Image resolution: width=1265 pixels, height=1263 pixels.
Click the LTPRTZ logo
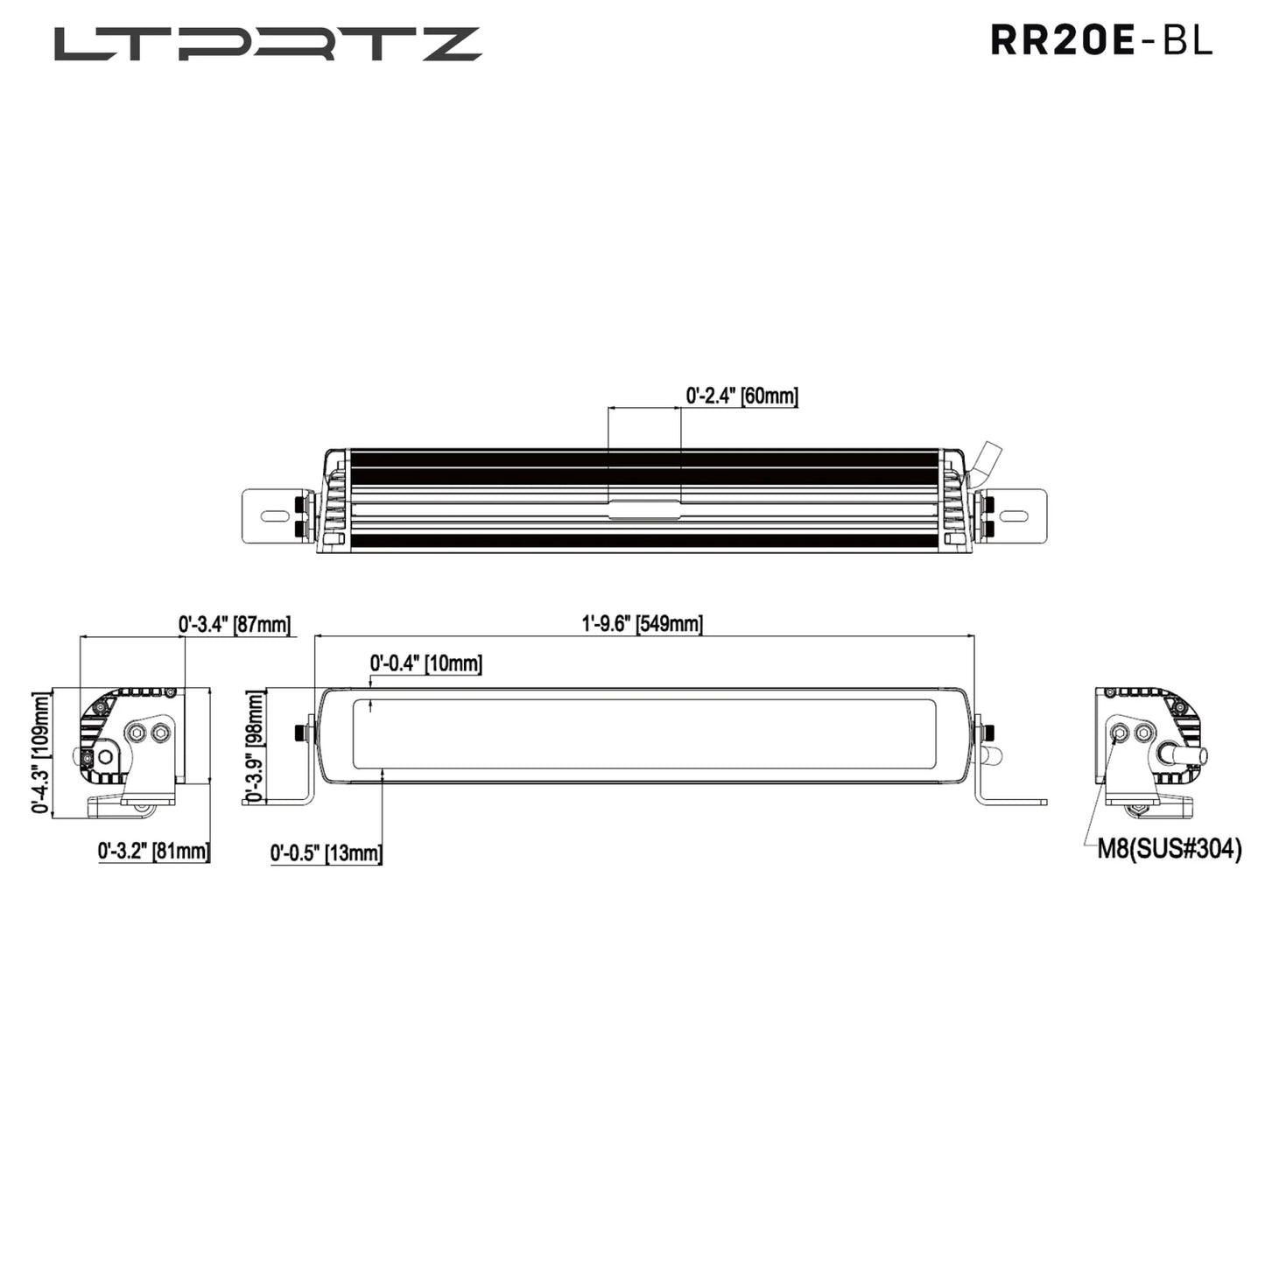tap(268, 44)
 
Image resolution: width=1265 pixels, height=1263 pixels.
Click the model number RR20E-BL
tap(1101, 40)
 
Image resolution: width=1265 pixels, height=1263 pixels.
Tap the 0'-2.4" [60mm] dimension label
tap(741, 396)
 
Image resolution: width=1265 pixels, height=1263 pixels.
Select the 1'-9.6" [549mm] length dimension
tap(642, 624)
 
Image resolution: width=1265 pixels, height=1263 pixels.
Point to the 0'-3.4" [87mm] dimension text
tap(234, 625)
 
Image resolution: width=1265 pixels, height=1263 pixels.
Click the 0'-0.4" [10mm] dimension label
tap(425, 663)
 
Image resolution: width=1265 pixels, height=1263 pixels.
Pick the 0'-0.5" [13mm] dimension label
tap(326, 853)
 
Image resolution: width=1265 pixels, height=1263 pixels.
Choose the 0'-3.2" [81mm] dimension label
tap(154, 851)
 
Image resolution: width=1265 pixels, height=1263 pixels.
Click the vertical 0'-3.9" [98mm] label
tap(255, 746)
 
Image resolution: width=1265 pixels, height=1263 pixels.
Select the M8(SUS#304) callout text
tap(1170, 849)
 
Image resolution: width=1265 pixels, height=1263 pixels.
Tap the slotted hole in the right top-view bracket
tap(1014, 516)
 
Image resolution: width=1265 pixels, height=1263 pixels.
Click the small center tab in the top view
tap(644, 509)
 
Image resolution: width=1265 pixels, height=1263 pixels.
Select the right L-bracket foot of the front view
tap(1012, 801)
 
